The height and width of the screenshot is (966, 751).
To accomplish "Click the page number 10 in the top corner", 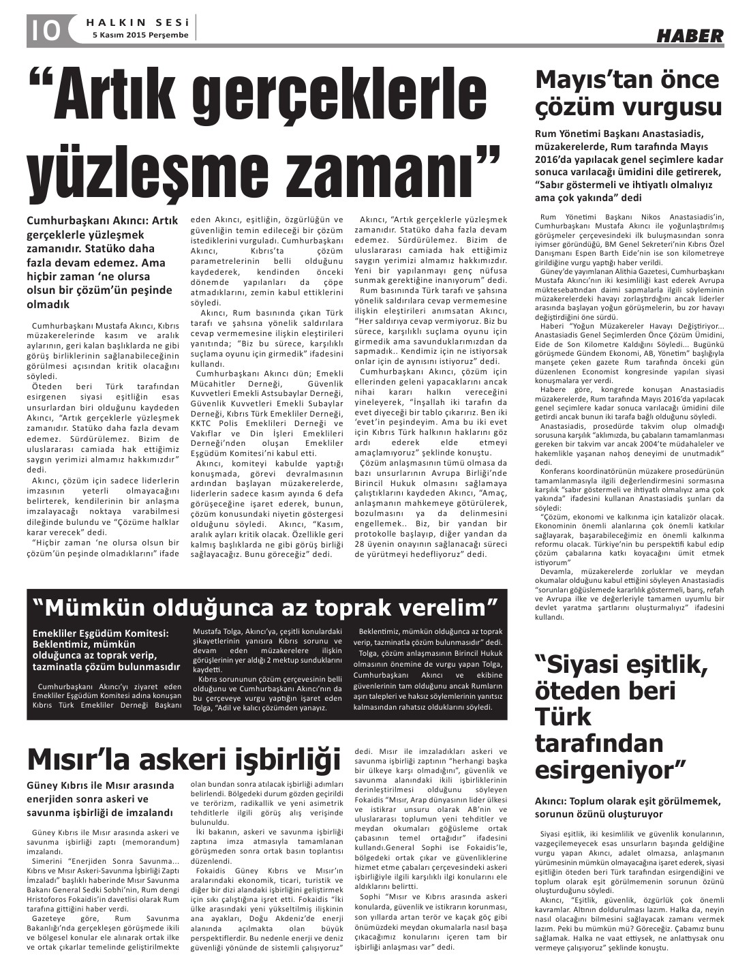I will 46,29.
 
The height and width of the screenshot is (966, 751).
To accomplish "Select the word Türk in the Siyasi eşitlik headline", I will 560,716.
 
